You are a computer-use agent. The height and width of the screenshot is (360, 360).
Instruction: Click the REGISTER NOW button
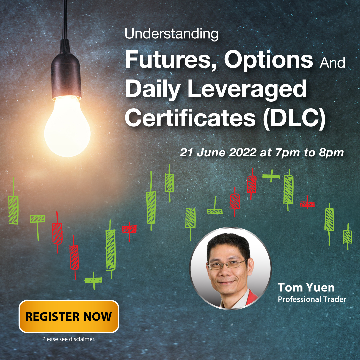tap(69, 316)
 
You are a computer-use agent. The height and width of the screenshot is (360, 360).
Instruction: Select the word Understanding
tap(171, 34)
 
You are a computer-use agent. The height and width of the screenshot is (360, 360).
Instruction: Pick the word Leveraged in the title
tap(247, 90)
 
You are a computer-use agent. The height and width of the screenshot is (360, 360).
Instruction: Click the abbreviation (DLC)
tap(294, 118)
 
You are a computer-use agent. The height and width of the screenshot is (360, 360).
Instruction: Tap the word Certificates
tap(190, 117)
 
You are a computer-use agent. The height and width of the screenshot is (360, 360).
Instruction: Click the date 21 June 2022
tap(218, 152)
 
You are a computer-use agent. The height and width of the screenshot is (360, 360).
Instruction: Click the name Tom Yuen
tap(306, 287)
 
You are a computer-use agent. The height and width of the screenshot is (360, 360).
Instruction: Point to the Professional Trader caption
tap(312, 299)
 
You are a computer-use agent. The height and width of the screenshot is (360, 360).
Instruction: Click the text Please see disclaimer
tap(69, 339)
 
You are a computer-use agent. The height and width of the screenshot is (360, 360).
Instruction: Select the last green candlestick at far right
tap(348, 237)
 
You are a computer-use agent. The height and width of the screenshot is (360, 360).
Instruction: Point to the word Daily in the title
tap(153, 90)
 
